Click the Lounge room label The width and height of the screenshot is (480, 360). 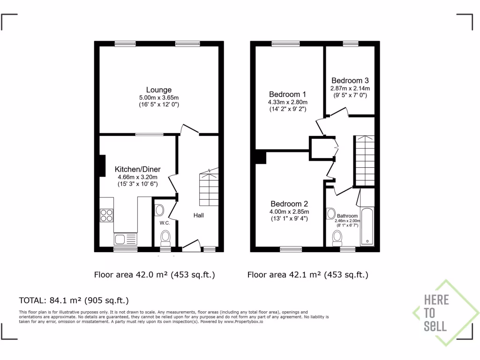(159, 90)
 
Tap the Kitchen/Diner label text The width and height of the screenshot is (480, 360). (137, 169)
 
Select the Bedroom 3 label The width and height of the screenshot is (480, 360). (350, 80)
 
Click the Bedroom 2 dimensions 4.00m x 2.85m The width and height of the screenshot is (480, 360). (289, 211)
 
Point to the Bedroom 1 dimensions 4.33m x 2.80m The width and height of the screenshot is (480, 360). (287, 102)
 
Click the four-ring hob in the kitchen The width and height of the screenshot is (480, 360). (106, 215)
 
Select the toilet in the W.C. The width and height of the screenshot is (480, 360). (165, 238)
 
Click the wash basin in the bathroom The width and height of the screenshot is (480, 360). (331, 213)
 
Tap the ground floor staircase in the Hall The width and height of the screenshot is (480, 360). (209, 188)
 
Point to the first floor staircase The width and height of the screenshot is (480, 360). (364, 160)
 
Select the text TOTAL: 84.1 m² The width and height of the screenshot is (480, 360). (74, 300)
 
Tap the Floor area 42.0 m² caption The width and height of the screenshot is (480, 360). (155, 275)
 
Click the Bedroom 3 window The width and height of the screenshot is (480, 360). (350, 44)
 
